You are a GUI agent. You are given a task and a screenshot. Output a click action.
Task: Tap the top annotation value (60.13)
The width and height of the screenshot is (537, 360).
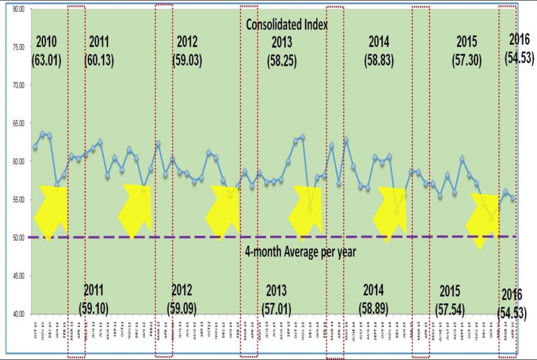[x=99, y=60]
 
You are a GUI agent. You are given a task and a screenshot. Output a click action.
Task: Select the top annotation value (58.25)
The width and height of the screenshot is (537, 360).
[x=282, y=60]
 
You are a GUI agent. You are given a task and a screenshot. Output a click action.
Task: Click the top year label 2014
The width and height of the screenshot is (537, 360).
[x=379, y=42]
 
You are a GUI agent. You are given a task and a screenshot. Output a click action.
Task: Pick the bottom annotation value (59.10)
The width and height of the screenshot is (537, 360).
[x=94, y=309]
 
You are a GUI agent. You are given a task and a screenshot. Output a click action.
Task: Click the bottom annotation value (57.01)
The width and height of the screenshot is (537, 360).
[x=277, y=309]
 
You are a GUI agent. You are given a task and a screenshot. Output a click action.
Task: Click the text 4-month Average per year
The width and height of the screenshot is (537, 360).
[x=301, y=252]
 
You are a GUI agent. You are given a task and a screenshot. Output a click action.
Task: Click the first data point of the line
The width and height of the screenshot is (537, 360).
[x=35, y=147]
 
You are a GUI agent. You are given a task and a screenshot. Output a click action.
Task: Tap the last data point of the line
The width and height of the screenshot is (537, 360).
[x=513, y=198]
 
